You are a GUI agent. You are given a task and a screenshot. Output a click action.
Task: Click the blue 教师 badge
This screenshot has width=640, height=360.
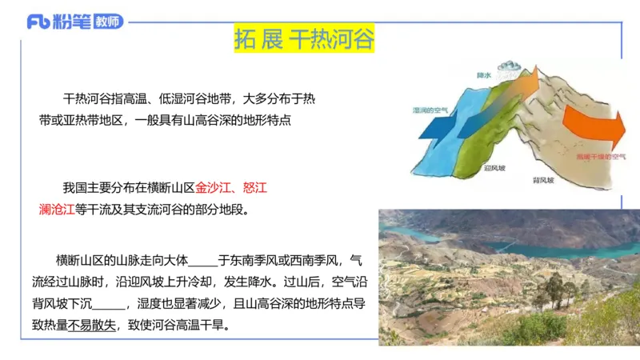[x=108, y=22]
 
